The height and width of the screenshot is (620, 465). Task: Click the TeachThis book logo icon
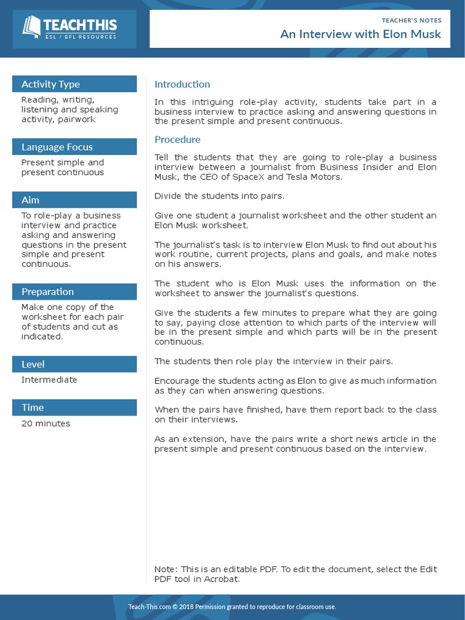point(31,27)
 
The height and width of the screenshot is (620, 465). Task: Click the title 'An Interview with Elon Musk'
point(360,34)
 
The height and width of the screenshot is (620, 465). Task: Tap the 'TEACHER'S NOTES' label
point(411,20)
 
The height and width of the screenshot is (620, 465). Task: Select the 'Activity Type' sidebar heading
point(51,84)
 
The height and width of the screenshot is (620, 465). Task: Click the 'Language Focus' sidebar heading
point(57,147)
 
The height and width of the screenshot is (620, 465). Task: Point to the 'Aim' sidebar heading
point(30,200)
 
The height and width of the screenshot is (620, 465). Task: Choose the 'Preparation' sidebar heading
point(48,292)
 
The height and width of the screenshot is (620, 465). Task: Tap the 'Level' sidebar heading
point(33,364)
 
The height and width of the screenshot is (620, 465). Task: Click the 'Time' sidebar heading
point(33,407)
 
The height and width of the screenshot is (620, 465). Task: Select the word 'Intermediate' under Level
point(49,380)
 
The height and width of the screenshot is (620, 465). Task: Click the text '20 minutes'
point(45,423)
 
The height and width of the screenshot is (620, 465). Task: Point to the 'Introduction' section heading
point(182,84)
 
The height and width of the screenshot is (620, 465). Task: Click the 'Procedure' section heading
point(177,139)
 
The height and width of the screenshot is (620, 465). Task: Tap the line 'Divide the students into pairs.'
point(219,196)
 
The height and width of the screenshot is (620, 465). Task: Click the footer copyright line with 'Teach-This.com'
point(232,607)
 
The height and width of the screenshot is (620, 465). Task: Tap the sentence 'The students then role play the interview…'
point(274,361)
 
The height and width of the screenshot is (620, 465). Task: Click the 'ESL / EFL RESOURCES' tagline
point(81,37)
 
